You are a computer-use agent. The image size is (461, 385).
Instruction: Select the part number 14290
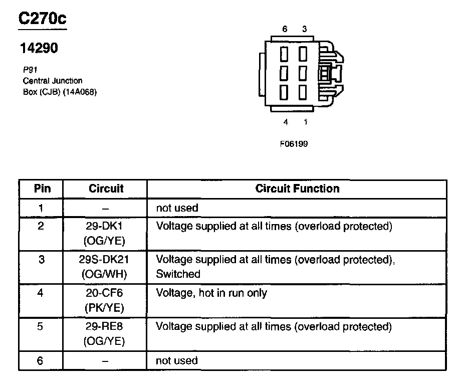pos(39,48)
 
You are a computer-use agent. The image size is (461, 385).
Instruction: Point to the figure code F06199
pos(294,144)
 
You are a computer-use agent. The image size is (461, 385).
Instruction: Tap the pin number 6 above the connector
pos(285,29)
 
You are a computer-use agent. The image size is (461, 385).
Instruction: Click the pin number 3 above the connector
pos(304,29)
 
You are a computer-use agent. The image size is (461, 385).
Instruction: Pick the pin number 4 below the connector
pos(286,122)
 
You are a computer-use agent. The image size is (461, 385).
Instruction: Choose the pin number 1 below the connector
pos(305,122)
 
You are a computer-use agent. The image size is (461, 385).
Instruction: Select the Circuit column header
pos(106,189)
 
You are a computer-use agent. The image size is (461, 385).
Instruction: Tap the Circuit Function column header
pos(297,189)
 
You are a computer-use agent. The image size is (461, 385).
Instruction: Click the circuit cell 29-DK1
pos(106,226)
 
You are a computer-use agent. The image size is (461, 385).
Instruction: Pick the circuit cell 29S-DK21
pos(106,260)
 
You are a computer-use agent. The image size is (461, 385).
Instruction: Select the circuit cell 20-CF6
pos(106,293)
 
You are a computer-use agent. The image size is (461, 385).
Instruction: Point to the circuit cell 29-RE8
pos(106,327)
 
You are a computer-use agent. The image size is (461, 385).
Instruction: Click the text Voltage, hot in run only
pos(211,293)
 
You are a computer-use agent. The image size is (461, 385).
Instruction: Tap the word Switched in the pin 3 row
pos(178,274)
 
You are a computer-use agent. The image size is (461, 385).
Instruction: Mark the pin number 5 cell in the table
pos(41,327)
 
